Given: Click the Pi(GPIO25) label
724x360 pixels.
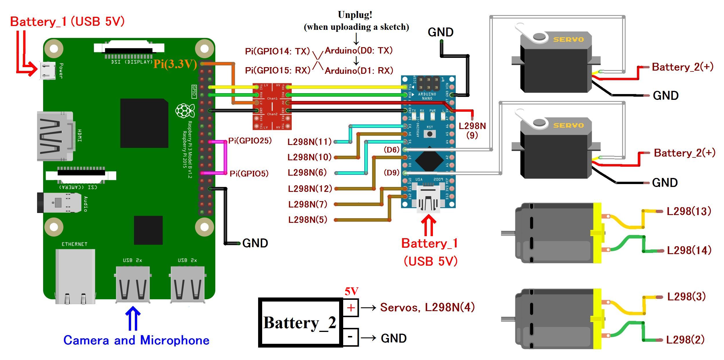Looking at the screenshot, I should (x=250, y=141).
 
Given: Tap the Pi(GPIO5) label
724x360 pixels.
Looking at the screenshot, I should (x=249, y=174).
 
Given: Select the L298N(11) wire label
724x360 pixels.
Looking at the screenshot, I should (x=309, y=142).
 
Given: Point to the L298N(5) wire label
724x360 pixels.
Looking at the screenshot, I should (x=308, y=220).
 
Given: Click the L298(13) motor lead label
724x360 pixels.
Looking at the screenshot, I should (x=689, y=211).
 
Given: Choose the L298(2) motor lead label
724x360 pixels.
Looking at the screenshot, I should (x=685, y=339).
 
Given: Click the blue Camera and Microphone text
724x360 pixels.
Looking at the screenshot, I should (x=136, y=340).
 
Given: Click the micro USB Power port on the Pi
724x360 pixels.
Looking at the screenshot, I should (x=47, y=70).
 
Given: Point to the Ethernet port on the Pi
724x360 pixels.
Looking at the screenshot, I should (x=75, y=276).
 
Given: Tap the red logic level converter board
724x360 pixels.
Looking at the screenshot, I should (x=272, y=106).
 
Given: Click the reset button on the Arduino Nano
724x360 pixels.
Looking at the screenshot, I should (x=430, y=134).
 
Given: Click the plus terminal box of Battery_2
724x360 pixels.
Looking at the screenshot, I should (x=351, y=308).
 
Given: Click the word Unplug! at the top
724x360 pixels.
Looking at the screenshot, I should (x=355, y=15).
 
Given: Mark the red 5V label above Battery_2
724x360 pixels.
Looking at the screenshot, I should (x=351, y=291).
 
